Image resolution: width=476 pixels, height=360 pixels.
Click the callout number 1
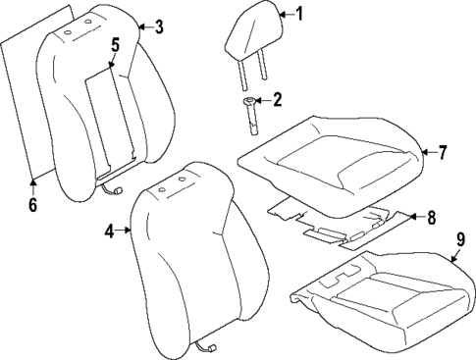pyautogui.click(x=300, y=14)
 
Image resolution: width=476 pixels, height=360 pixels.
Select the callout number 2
pyautogui.click(x=277, y=99)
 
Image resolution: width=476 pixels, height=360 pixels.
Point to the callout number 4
pyautogui.click(x=111, y=231)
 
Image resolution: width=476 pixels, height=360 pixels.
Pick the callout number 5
pyautogui.click(x=115, y=45)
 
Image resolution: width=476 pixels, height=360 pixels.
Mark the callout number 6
pyautogui.click(x=31, y=204)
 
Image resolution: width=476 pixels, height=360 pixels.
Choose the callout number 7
pyautogui.click(x=443, y=152)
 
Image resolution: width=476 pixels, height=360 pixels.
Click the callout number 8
pyautogui.click(x=432, y=218)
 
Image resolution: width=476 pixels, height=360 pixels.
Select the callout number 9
pyautogui.click(x=460, y=238)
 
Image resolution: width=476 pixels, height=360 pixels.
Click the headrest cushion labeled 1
pyautogui.click(x=249, y=34)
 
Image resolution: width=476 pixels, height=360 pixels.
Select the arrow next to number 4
pyautogui.click(x=126, y=231)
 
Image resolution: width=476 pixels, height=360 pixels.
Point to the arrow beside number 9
pyautogui.click(x=453, y=253)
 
